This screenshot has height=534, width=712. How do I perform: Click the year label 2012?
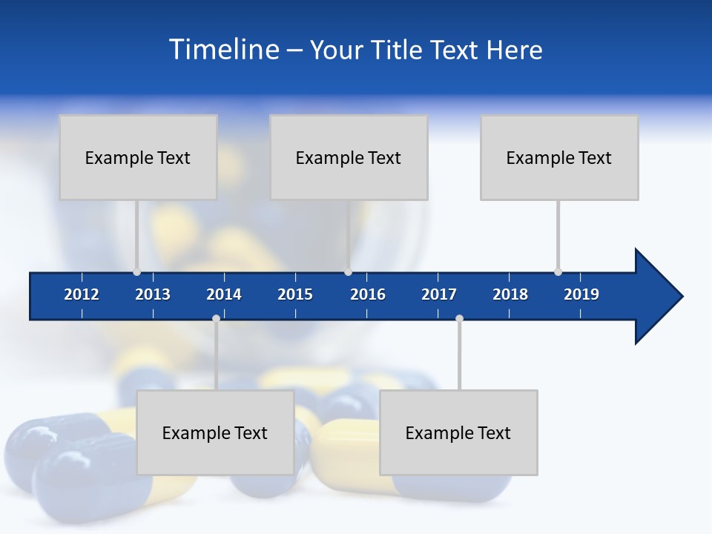point(82,294)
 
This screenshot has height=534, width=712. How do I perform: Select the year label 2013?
point(153,294)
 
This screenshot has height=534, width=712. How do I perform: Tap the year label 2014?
point(224,294)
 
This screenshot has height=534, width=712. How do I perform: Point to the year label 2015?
point(295,294)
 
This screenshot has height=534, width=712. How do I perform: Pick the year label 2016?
point(368,294)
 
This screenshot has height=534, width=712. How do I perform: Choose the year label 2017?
point(439,294)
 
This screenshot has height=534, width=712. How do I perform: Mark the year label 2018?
point(510,294)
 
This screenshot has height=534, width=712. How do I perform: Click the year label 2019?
point(581,294)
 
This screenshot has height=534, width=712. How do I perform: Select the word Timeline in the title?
point(223,50)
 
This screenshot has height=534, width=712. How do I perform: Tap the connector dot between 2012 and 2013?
point(136,271)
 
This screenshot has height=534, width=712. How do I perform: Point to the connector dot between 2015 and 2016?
point(348,271)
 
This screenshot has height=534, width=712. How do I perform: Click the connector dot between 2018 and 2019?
point(558,271)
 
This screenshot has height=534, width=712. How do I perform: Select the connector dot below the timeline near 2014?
point(216,319)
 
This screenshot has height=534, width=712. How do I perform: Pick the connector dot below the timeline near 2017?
point(459,319)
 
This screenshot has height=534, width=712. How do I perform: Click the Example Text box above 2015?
point(349,157)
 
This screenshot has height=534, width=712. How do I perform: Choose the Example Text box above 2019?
point(559,157)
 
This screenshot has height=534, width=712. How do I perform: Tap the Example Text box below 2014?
point(215,432)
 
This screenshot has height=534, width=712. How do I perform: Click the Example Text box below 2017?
point(458,432)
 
